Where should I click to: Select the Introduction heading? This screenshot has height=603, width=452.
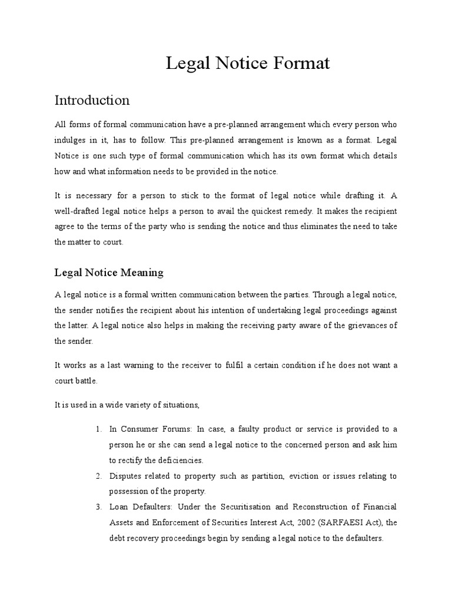coord(92,100)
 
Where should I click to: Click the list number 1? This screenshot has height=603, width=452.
coord(99,429)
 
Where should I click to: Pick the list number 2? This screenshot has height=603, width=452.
coord(99,476)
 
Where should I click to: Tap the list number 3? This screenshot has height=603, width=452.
coord(99,506)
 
